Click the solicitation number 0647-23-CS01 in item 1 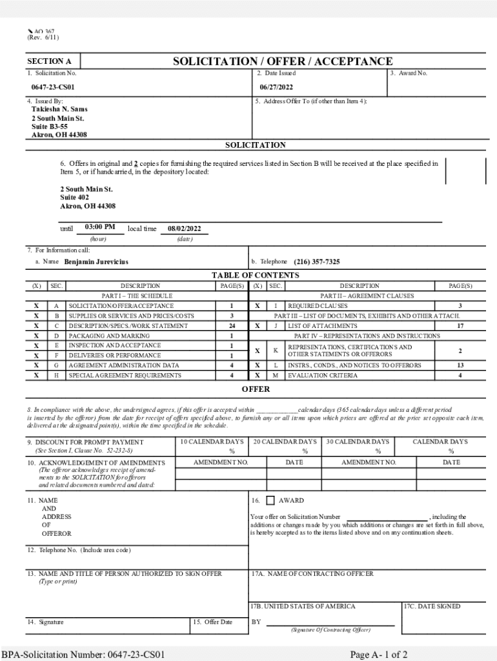click(53, 87)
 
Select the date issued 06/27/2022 click(276, 87)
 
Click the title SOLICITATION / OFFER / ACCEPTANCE click(282, 61)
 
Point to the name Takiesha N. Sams click(59, 109)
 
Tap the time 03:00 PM click(99, 227)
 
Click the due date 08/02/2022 click(184, 229)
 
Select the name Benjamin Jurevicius click(96, 262)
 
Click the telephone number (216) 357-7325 click(316, 262)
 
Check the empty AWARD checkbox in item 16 click(270, 500)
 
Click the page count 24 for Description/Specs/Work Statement click(231, 326)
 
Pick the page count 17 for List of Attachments click(460, 326)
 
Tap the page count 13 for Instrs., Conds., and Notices click(460, 365)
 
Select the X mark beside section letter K click(257, 351)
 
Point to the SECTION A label click(49, 62)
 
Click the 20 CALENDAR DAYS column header click(285, 442)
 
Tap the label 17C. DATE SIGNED click(432, 606)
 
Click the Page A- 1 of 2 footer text click(378, 654)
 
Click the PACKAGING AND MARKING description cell click(109, 336)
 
